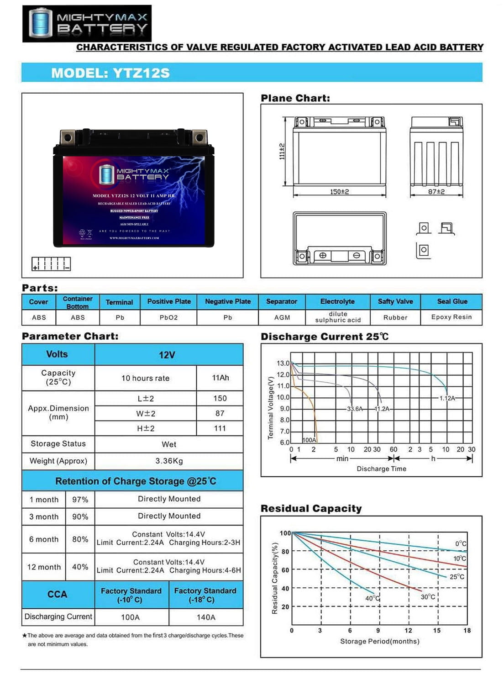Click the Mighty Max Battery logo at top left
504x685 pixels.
(87, 24)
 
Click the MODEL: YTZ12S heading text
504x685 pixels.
(110, 73)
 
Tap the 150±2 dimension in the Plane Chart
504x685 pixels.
(339, 192)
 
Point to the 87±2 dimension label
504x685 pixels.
(436, 192)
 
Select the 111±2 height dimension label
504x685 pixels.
(282, 151)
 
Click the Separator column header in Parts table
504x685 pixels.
(282, 302)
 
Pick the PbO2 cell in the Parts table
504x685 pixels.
(168, 317)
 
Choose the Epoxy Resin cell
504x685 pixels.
(451, 317)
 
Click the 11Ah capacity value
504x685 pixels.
(220, 378)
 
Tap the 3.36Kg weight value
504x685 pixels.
(169, 461)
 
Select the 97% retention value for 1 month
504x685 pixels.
(80, 500)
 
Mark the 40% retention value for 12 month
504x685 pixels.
(80, 567)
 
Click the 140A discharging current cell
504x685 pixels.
(206, 617)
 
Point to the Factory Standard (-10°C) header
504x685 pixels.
(131, 595)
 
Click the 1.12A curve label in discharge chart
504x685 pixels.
(447, 398)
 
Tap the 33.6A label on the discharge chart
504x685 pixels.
(355, 409)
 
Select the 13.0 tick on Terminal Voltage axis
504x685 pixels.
(283, 364)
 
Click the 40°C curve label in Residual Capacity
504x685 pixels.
(373, 598)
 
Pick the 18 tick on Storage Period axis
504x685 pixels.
(467, 631)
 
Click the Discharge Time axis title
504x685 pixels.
(381, 469)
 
